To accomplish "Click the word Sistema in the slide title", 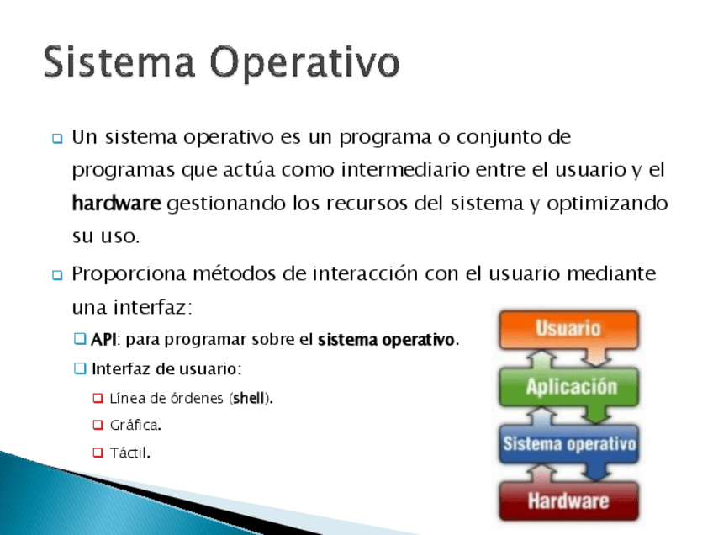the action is (119, 62).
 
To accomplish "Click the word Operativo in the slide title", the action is (304, 65).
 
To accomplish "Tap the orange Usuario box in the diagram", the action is (568, 330).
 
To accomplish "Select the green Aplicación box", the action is (569, 387).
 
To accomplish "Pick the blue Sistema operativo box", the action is (569, 444).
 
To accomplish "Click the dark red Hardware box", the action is (569, 501).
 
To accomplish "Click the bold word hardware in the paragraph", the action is (117, 204).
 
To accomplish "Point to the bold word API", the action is (103, 340).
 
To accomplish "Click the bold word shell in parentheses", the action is (249, 399).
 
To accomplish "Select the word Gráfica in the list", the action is (135, 426).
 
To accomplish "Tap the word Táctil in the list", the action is (129, 453).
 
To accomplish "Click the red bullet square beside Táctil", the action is (98, 453).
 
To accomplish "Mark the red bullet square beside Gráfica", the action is (98, 425).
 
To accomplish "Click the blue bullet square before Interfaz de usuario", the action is (80, 368).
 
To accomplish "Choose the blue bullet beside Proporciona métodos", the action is (57, 275).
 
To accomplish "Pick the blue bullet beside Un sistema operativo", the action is (57, 138).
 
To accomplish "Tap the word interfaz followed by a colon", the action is (153, 308).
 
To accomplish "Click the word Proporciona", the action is (129, 275).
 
